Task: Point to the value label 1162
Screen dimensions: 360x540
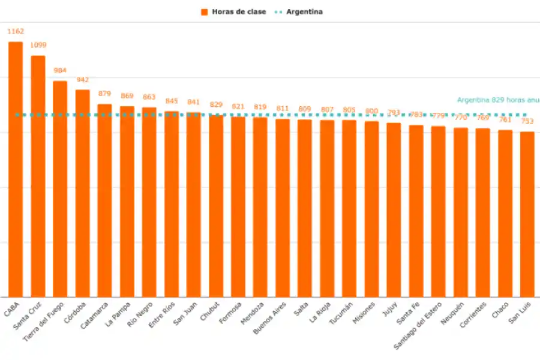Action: coord(16,31)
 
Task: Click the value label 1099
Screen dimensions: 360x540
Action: coord(38,45)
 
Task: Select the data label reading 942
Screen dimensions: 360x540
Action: coord(82,80)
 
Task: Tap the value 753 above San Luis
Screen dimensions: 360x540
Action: coord(527,122)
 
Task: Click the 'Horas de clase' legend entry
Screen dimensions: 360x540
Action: coord(234,11)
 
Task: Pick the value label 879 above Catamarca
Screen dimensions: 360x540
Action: coord(104,94)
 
